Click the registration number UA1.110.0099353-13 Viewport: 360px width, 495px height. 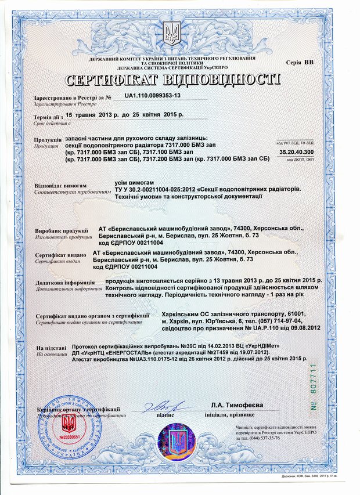[153, 95]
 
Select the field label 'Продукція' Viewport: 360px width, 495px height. [48, 140]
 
